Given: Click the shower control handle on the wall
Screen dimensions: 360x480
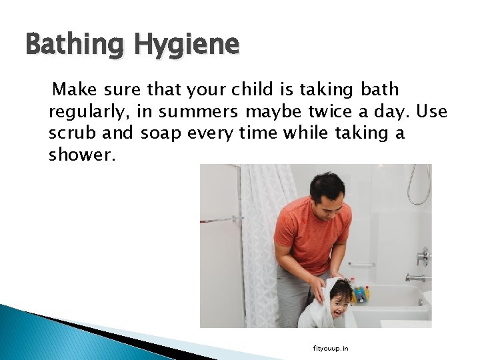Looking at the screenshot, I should pos(423,255).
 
